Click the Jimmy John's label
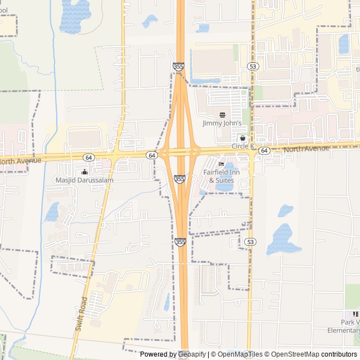(x=222, y=123)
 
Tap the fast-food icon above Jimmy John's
(x=222, y=115)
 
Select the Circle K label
(x=243, y=146)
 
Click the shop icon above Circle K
(x=243, y=138)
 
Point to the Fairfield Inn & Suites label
(x=220, y=175)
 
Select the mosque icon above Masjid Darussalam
(x=84, y=172)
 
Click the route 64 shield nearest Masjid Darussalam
(x=89, y=157)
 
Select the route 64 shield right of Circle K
(x=264, y=151)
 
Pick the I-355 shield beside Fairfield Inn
(x=179, y=179)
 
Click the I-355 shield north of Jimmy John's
(x=178, y=67)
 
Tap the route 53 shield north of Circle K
(x=253, y=66)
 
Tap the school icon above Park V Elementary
(x=355, y=314)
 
